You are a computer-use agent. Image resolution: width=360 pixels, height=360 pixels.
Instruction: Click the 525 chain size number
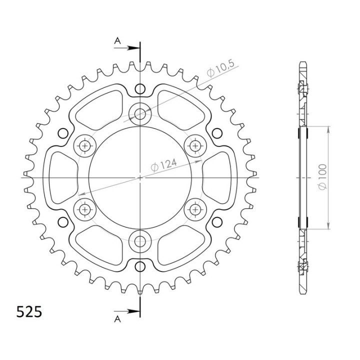(x=29, y=311)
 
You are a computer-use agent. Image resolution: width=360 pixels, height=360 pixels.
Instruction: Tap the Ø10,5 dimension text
(x=220, y=68)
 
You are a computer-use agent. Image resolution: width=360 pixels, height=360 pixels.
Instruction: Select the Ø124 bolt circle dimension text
(x=163, y=165)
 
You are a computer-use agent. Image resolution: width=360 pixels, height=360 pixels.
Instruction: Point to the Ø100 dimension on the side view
(x=322, y=177)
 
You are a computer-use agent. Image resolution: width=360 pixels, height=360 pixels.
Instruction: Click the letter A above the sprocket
(x=117, y=41)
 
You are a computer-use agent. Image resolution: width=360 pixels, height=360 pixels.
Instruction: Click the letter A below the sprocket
(x=117, y=319)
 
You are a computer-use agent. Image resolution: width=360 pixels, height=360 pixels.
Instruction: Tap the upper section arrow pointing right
(x=126, y=48)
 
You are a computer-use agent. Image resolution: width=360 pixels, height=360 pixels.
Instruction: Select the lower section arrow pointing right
(x=126, y=311)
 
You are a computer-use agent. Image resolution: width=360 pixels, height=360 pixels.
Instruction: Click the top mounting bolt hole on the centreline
(x=140, y=114)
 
